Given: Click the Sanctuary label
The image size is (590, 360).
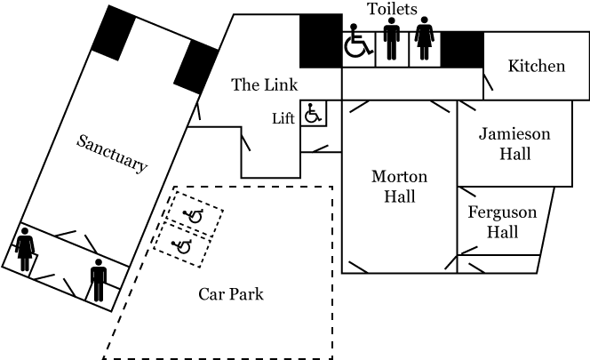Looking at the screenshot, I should click(x=112, y=153).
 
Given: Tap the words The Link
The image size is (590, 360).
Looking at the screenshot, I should click(x=259, y=85).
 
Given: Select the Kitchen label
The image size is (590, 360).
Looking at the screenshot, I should click(x=536, y=67).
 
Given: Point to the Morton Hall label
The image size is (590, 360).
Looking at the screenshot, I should click(x=399, y=186).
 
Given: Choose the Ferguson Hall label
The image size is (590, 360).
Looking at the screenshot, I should click(x=502, y=222).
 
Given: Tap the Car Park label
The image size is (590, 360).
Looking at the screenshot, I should click(x=230, y=294).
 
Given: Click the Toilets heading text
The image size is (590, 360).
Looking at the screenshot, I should click(x=392, y=10).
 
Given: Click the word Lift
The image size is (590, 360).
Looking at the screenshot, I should click(x=283, y=117).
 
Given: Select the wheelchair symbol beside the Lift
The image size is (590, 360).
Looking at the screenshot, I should click(x=312, y=114).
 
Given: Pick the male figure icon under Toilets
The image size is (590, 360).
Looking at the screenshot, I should click(x=392, y=42).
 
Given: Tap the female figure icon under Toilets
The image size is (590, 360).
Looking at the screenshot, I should click(x=425, y=42).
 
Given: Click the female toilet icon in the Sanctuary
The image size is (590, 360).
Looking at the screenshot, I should click(x=25, y=248).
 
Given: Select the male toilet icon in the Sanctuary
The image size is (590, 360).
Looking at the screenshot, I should click(x=98, y=280).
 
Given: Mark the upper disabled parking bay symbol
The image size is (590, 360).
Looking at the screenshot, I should click(x=194, y=215).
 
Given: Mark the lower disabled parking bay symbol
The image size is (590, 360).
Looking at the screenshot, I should click(x=183, y=246).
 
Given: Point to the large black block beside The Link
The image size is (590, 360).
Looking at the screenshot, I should click(x=320, y=41).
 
